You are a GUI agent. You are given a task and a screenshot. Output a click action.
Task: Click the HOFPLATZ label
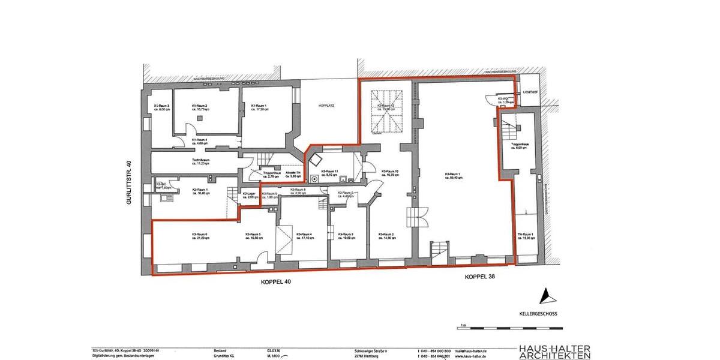point(326,106)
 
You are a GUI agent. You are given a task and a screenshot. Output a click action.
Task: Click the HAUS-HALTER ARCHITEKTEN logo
point(555,352)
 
